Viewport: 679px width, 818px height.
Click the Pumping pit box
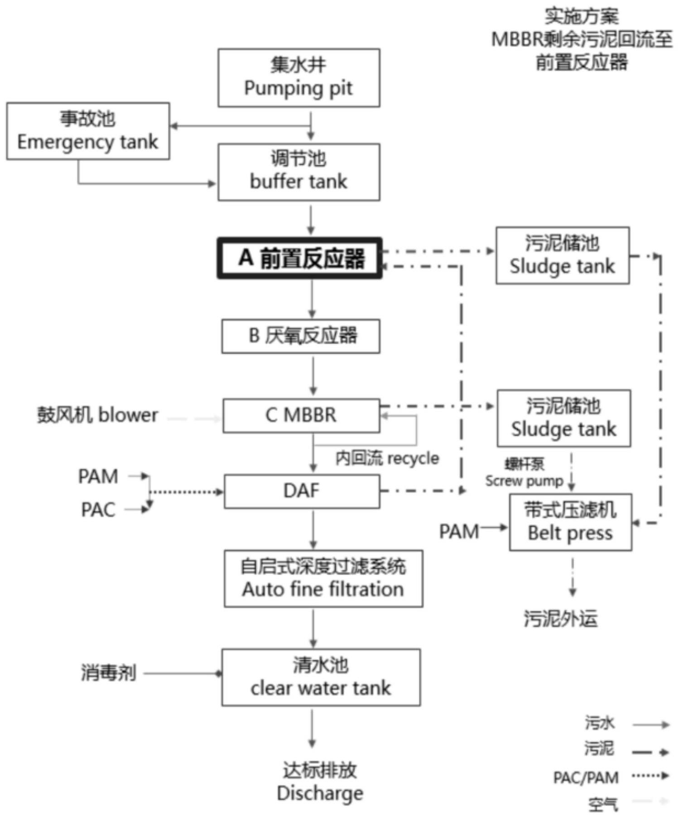299,78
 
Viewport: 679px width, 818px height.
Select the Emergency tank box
88,131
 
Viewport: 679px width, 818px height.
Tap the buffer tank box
299,172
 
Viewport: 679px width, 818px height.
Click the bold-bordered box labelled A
299,258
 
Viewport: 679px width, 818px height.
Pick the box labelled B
300,336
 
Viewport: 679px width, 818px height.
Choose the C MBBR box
301,416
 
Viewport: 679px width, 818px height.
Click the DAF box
302,491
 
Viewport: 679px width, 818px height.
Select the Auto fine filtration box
323,579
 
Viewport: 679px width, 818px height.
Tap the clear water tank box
321,677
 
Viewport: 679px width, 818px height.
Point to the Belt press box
570,522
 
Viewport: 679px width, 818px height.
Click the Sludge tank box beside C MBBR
563,418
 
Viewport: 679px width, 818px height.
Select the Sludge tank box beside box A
562,255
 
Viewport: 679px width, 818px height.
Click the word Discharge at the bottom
320,794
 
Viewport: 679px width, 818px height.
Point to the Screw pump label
524,481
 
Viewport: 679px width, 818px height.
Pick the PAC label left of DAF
98,510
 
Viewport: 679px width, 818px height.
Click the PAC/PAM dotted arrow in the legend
650,776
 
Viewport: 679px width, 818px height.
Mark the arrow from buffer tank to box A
311,220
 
